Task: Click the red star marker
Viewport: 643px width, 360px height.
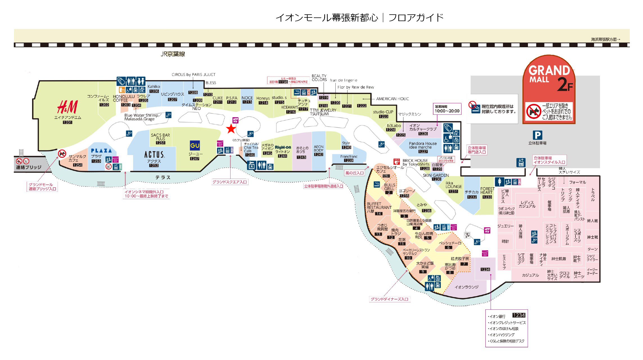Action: [231, 129]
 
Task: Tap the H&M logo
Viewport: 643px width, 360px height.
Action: [67, 107]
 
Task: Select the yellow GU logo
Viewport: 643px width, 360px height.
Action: [195, 145]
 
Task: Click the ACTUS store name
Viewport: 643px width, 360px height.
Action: [154, 154]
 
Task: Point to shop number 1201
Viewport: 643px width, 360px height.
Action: [67, 122]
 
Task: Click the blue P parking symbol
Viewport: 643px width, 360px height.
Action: [537, 135]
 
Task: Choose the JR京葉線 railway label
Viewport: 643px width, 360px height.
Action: [173, 54]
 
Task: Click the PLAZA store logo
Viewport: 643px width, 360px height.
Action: [101, 150]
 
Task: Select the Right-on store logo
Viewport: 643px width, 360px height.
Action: [283, 147]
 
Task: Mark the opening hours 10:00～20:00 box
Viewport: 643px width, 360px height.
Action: [447, 109]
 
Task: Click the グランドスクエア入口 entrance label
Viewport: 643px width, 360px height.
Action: [229, 182]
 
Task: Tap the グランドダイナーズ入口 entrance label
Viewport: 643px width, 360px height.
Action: [389, 299]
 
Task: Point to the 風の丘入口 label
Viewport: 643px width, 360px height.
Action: [354, 173]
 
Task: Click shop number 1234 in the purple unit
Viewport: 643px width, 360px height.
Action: [485, 269]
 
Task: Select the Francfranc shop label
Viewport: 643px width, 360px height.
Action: [349, 156]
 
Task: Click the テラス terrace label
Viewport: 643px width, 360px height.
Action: [163, 177]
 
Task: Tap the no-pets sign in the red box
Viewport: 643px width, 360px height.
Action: [534, 111]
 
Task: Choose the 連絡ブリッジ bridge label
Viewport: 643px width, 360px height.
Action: [28, 167]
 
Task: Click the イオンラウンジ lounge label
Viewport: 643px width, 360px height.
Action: [466, 287]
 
